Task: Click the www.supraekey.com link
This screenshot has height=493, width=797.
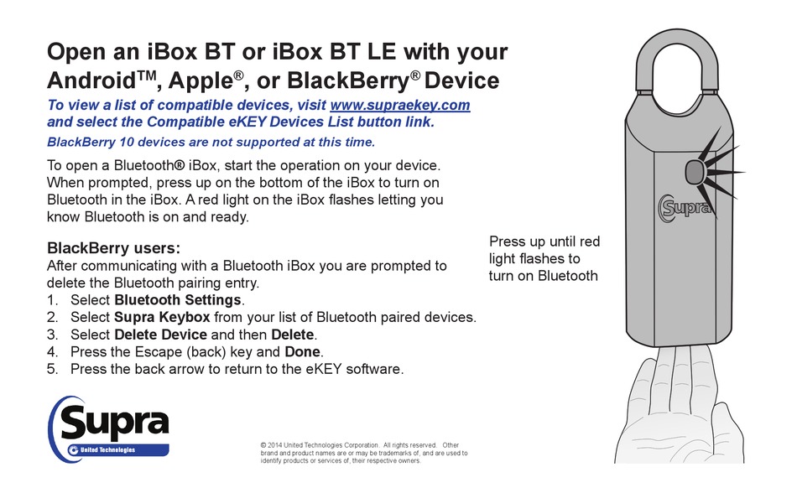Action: coord(400,106)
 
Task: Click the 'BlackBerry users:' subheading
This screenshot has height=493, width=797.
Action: coord(113,248)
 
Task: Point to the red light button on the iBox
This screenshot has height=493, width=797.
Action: coord(695,174)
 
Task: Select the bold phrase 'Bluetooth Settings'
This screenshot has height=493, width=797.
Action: coord(178,299)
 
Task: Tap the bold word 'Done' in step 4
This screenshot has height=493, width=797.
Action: coord(303,351)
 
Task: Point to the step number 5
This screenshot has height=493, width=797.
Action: coord(52,369)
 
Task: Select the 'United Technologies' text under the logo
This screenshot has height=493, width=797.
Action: coord(107,451)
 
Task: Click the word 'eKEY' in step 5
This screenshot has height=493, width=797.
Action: coord(317,369)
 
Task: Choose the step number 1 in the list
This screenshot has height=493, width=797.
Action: coord(52,299)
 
